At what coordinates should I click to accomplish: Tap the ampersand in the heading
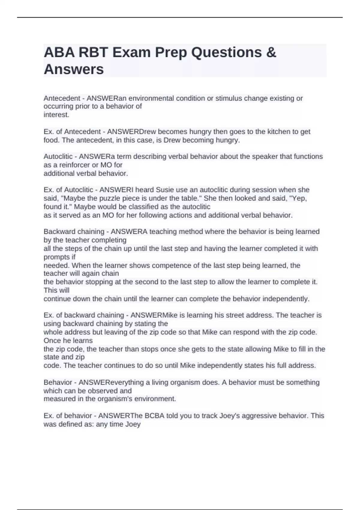[271, 52]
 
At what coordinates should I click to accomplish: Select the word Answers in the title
[74, 69]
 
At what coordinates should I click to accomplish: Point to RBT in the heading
[93, 52]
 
